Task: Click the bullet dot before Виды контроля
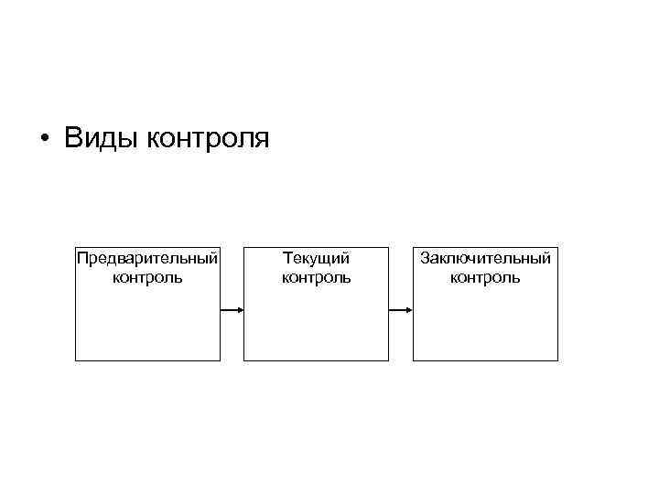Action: [x=44, y=140]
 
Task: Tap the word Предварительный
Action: [x=147, y=258]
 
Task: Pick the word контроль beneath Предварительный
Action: [x=147, y=276]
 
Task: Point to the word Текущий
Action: [x=316, y=258]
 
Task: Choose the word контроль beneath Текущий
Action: [x=316, y=276]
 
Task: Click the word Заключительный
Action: [x=485, y=258]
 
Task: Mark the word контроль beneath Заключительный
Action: [x=485, y=276]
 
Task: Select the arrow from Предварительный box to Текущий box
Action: [x=232, y=310]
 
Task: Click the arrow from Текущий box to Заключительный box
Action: [x=401, y=310]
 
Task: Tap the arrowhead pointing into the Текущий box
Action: [x=240, y=310]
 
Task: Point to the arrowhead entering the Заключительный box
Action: [x=408, y=310]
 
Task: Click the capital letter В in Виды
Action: [x=72, y=139]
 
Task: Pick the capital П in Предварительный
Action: [x=81, y=258]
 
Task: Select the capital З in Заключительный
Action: [x=425, y=258]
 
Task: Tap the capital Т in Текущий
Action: [x=287, y=258]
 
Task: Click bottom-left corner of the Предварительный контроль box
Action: [x=75, y=360]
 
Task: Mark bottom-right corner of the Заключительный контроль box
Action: [x=557, y=360]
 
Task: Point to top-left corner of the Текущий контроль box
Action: [x=244, y=245]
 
